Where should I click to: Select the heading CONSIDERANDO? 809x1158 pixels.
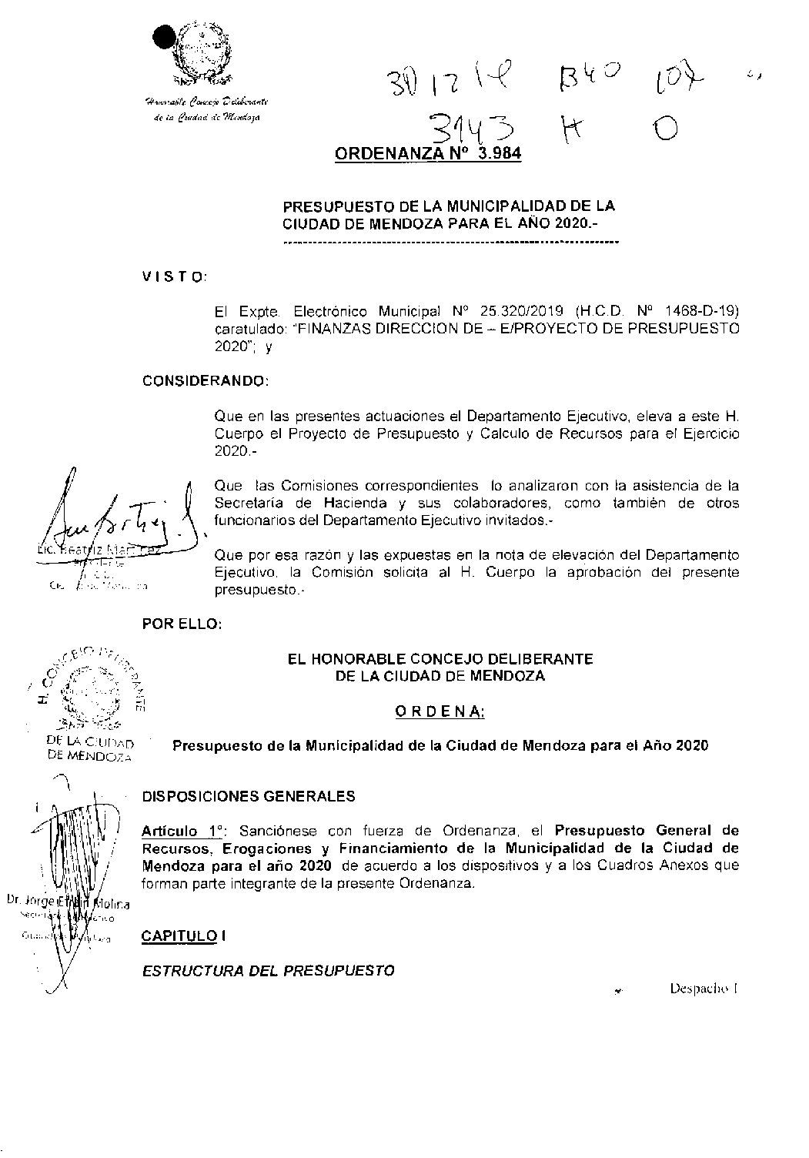(206, 381)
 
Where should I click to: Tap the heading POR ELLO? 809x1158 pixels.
(182, 624)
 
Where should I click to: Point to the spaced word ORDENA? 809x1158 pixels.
(439, 712)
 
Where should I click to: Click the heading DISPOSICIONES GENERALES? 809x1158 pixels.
(249, 796)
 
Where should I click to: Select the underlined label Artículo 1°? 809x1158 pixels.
(183, 831)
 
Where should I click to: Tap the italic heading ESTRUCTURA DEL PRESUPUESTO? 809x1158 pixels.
(268, 971)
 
